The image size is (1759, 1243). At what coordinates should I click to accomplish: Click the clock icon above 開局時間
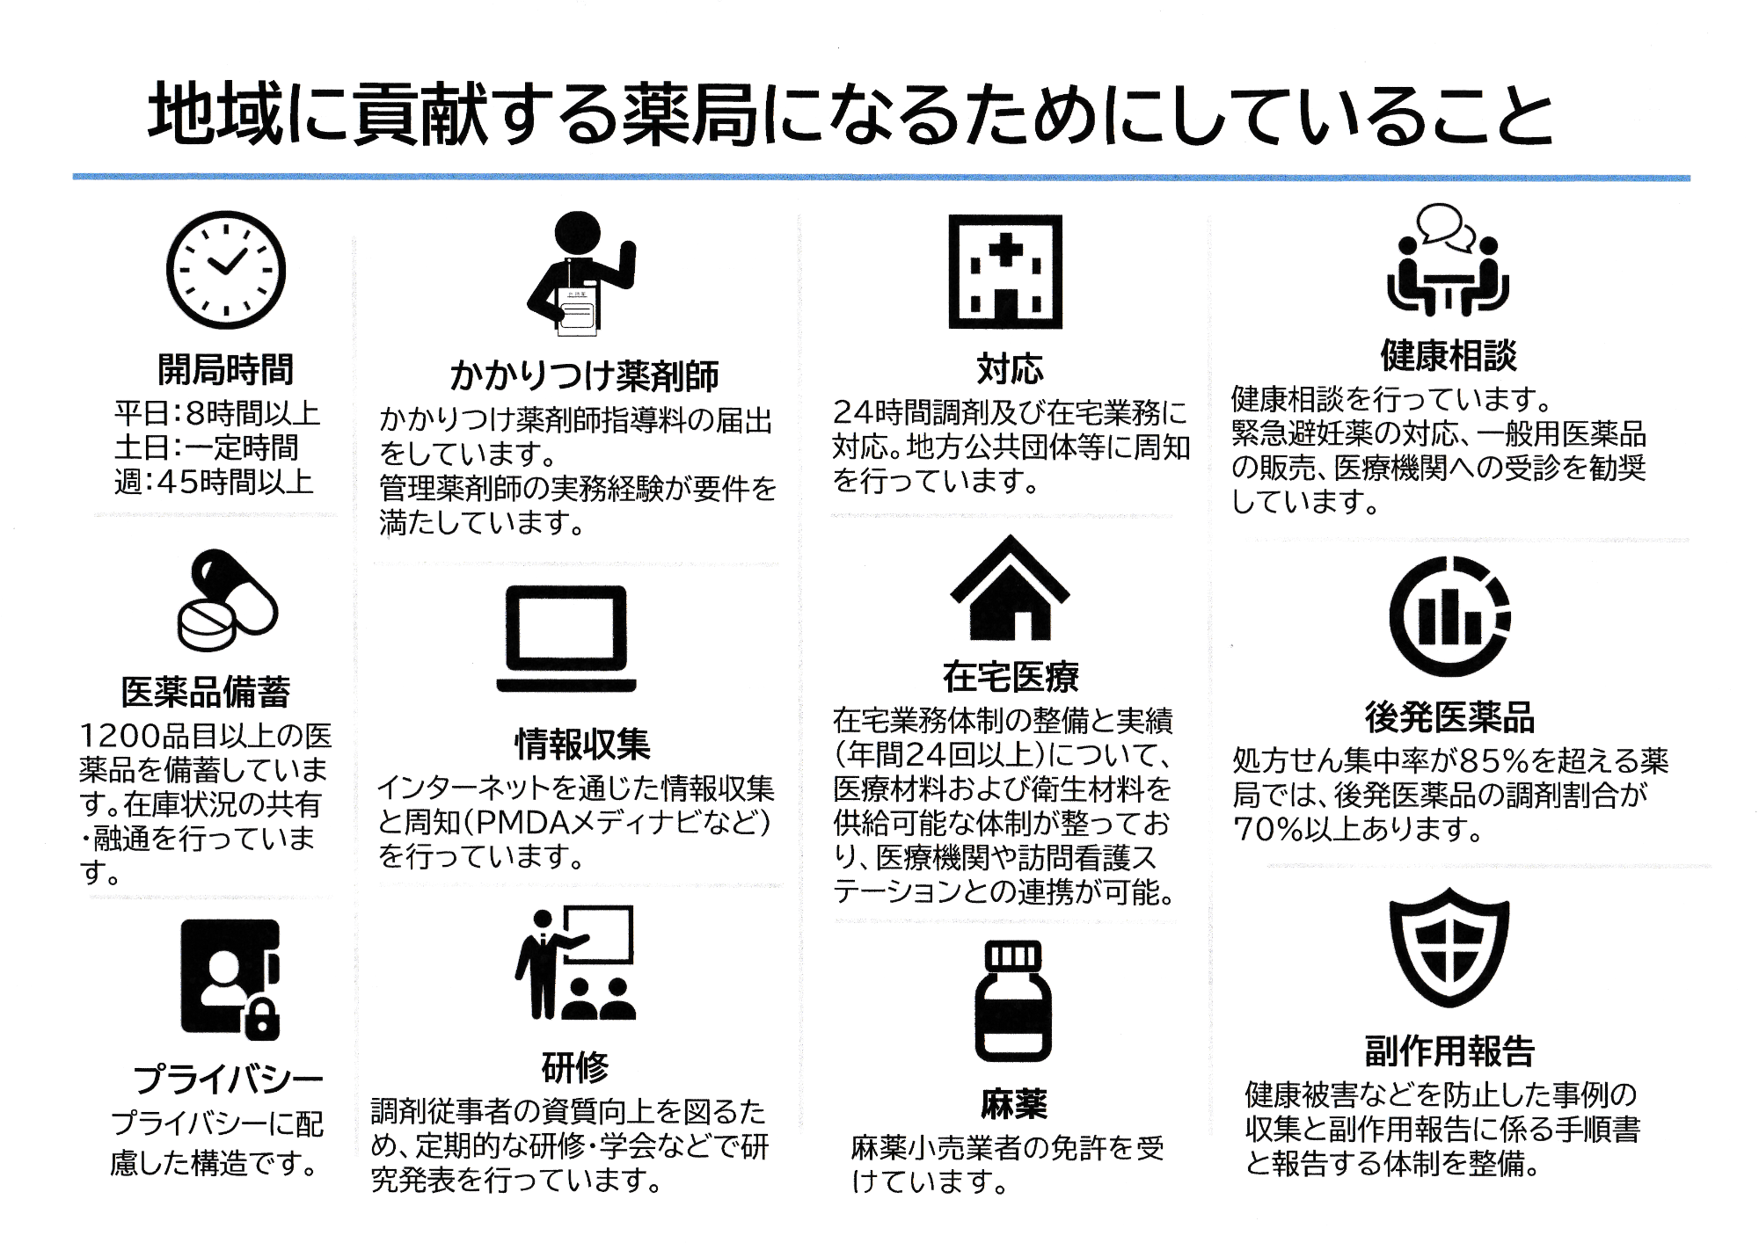226,270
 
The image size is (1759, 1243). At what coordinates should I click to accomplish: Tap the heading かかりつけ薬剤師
584,376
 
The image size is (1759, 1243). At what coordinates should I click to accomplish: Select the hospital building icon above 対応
1005,272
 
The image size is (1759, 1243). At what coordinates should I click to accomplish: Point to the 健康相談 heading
1448,355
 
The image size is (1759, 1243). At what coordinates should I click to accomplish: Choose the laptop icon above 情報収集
566,639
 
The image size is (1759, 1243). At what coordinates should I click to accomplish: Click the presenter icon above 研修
574,963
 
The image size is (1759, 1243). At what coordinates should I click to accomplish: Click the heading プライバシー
229,1079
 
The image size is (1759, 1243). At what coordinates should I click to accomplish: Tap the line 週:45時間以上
215,482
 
